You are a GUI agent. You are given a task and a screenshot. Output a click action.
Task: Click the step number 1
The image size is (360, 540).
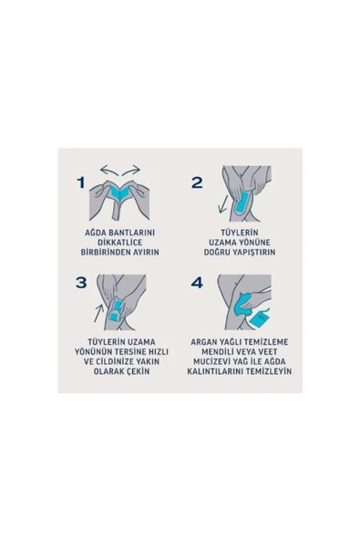tap(81, 182)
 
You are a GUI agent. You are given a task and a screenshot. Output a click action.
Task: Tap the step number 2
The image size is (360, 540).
tap(197, 182)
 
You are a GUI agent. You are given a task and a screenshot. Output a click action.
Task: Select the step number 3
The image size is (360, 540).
tap(81, 283)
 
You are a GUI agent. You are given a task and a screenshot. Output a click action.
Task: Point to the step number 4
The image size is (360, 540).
tap(197, 283)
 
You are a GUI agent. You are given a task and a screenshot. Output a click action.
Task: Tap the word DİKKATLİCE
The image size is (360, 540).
tap(119, 243)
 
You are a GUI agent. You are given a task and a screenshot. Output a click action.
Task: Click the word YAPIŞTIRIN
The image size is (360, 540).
tap(253, 252)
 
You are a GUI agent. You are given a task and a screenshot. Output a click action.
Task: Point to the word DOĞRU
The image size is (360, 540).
tap(216, 252)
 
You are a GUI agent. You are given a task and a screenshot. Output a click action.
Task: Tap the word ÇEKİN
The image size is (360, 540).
tap(138, 371)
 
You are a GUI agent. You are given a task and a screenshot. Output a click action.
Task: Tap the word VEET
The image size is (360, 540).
tap(268, 352)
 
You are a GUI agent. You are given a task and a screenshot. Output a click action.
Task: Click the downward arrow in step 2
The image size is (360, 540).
tap(222, 204)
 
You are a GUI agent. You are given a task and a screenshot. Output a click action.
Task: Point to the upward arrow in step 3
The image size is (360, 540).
tap(99, 312)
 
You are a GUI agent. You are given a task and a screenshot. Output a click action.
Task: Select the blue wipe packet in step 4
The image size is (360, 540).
tap(260, 318)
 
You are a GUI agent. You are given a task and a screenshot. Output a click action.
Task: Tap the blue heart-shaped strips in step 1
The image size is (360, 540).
tap(119, 192)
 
